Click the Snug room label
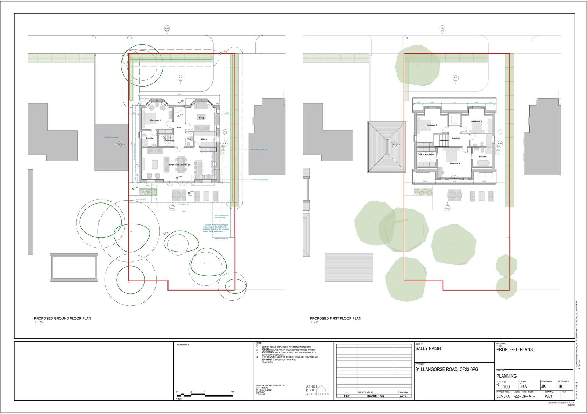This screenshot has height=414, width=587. pyautogui.click(x=201, y=118)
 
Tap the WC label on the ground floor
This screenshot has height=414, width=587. pyautogui.click(x=189, y=139)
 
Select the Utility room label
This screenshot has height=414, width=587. pyautogui.click(x=204, y=139)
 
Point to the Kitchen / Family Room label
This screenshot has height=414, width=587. pyautogui.click(x=180, y=165)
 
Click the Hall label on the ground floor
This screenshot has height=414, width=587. pyautogui.click(x=179, y=128)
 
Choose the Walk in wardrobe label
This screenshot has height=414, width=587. pyautogui.click(x=426, y=154)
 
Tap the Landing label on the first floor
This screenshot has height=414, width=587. pyautogui.click(x=456, y=138)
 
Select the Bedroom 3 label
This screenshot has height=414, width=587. pyautogui.click(x=432, y=125)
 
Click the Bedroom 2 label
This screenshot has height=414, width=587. pyautogui.click(x=477, y=121)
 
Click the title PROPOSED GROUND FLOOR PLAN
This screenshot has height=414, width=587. pyautogui.click(x=63, y=318)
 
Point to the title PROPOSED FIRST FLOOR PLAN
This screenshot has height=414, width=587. pyautogui.click(x=335, y=318)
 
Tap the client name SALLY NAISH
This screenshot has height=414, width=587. pyautogui.click(x=428, y=349)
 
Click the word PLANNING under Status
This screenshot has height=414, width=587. pyautogui.click(x=506, y=376)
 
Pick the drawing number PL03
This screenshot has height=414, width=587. pyautogui.click(x=548, y=396)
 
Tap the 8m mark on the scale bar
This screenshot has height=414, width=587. pyautogui.click(x=233, y=392)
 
